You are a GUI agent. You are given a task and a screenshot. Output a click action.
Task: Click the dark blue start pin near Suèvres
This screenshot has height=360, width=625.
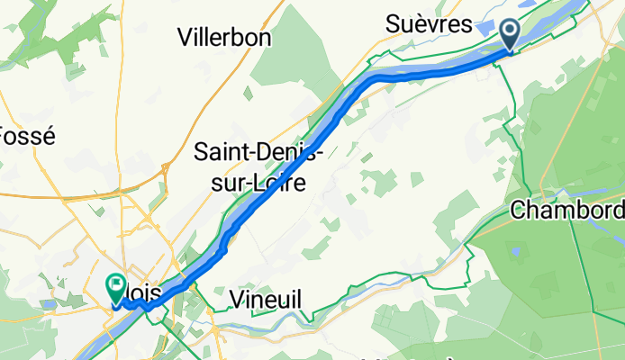pos(510,35)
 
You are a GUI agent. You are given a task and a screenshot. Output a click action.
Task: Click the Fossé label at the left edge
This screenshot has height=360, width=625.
pos(27,137)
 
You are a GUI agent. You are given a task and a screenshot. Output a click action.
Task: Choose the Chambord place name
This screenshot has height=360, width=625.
pos(567,210)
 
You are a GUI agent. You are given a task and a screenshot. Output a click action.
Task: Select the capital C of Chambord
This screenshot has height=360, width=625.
pos(518,210)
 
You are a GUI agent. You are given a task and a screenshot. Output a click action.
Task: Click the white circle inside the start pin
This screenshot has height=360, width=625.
pos(510,31)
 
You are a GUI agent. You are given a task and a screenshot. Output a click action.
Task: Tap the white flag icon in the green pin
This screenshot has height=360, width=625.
pos(116,285)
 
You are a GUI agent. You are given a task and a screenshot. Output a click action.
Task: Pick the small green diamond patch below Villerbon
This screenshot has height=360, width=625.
pos(249,93)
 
